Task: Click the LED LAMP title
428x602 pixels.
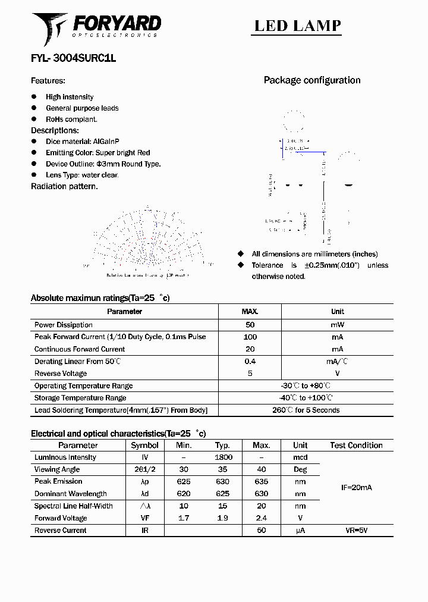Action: tap(297, 26)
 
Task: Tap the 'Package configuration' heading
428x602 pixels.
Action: tap(312, 80)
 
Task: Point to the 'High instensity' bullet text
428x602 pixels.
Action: tap(70, 97)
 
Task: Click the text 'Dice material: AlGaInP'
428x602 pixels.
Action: tap(83, 142)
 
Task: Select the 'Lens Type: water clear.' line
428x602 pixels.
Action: tap(82, 175)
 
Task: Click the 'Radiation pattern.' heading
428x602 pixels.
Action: tap(64, 186)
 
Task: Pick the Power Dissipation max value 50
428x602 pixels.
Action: tap(250, 325)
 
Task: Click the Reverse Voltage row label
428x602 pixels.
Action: tap(61, 374)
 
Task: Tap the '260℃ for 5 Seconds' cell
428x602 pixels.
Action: tap(306, 410)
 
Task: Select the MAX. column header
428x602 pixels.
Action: tap(250, 312)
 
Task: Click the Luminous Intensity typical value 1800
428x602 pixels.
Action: tap(223, 457)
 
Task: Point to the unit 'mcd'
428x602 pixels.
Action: tap(300, 457)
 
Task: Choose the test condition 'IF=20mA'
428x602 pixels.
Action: tap(356, 488)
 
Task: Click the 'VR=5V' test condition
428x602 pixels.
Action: tap(356, 530)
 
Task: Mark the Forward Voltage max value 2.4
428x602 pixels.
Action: tap(261, 518)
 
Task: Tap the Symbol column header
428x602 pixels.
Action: tap(144, 446)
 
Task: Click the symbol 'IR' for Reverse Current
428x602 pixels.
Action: tap(144, 530)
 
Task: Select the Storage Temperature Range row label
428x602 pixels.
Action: tap(80, 398)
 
